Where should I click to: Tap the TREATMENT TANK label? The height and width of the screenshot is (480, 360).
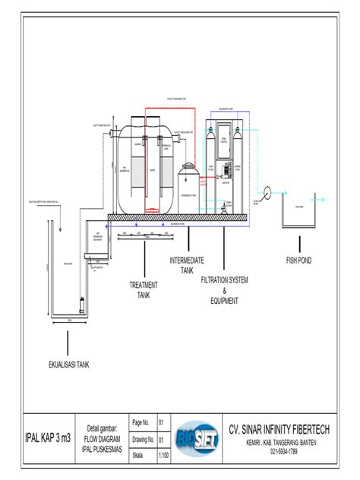click(143, 289)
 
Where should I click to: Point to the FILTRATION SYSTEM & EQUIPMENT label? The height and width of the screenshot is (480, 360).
click(224, 290)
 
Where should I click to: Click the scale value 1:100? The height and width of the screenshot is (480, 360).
click(163, 456)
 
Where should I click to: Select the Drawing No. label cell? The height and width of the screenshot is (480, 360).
click(143, 439)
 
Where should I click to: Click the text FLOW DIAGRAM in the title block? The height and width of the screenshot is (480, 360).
click(103, 439)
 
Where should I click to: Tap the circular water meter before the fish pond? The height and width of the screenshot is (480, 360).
click(267, 191)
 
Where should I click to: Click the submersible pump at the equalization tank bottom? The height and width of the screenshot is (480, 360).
click(81, 309)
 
